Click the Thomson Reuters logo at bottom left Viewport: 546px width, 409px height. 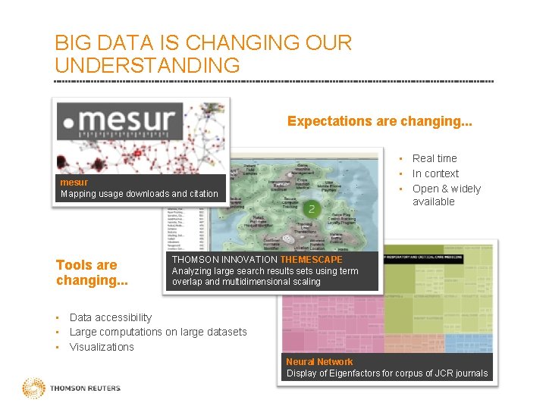[72, 389]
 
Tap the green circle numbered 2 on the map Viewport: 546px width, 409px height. [311, 208]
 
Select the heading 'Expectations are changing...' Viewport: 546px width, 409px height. [379, 121]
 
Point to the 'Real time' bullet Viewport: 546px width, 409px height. [435, 158]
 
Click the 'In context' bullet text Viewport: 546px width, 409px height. [435, 173]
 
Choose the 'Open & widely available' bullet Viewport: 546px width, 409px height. [446, 195]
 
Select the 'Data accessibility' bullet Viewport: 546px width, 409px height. [111, 317]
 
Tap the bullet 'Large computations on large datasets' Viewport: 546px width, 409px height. [158, 332]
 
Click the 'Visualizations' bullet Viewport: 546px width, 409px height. [102, 347]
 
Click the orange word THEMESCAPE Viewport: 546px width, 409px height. [311, 260]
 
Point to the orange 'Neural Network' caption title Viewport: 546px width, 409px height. [319, 362]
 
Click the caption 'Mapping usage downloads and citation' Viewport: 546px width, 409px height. [139, 194]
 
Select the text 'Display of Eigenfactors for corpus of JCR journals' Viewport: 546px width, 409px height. [387, 373]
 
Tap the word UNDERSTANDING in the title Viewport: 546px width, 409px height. [147, 65]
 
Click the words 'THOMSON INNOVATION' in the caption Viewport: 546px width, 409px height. [225, 260]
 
